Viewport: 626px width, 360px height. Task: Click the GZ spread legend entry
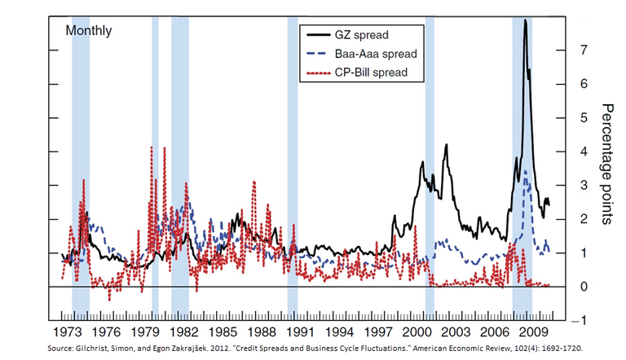click(x=362, y=35)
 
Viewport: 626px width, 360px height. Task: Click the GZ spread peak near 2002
click(x=446, y=145)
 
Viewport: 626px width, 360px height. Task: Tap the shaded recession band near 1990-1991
click(x=292, y=163)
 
